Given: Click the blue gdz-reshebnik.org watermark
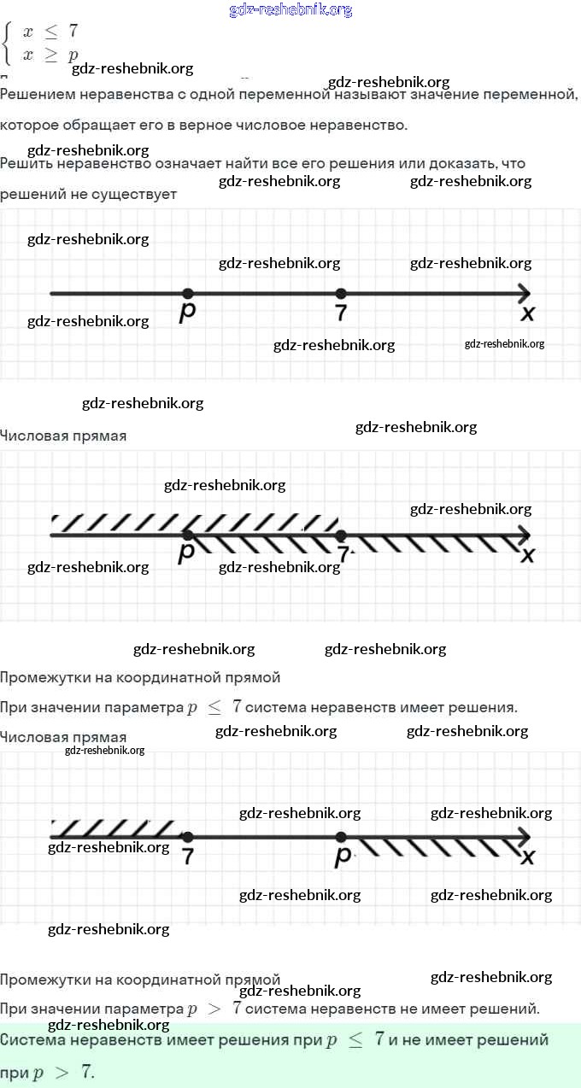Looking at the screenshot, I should (290, 10).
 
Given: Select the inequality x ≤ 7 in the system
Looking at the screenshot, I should (51, 32).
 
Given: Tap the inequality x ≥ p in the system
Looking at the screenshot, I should (51, 55).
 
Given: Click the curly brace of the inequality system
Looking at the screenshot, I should (9, 44).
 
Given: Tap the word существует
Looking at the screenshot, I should (135, 194).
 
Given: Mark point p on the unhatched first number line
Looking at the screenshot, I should (188, 294).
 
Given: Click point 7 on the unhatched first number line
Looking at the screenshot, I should (341, 294).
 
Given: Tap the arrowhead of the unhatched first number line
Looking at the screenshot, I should (524, 294).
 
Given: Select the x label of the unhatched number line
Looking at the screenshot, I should (528, 314).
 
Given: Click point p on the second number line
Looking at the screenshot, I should (188, 535).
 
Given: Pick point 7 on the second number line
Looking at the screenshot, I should (341, 535).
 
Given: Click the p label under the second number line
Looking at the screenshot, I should (187, 553).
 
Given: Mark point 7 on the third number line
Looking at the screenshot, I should (188, 837).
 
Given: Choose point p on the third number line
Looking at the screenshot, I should (341, 837).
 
